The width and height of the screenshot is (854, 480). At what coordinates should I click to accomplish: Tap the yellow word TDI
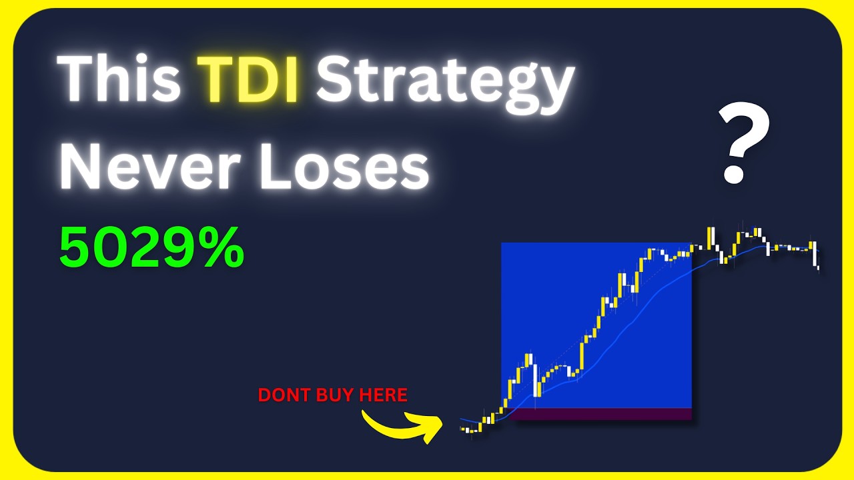(248, 79)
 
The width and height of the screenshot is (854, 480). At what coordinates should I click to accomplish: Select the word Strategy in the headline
(445, 86)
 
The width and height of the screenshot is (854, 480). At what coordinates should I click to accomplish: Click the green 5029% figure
(151, 247)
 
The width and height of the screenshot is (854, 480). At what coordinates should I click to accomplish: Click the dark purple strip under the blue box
(600, 414)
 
